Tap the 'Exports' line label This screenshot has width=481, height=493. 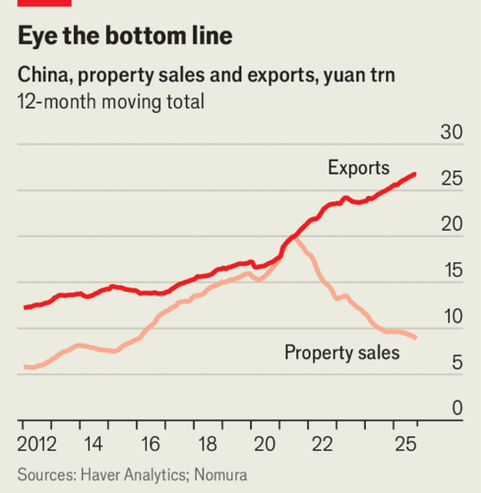coord(358,168)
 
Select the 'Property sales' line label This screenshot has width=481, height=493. coord(342,353)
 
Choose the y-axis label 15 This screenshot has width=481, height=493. coord(451,271)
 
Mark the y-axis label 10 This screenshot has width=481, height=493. coord(451,317)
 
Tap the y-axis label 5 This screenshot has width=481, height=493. coord(456,363)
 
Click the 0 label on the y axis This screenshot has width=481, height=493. coord(456,408)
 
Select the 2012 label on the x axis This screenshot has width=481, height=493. coord(38,446)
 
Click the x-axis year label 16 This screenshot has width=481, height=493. coord(150,446)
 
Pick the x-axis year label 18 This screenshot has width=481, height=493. coord(207,446)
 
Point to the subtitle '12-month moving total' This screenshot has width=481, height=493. coord(111,102)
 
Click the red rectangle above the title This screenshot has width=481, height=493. coord(44,3)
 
